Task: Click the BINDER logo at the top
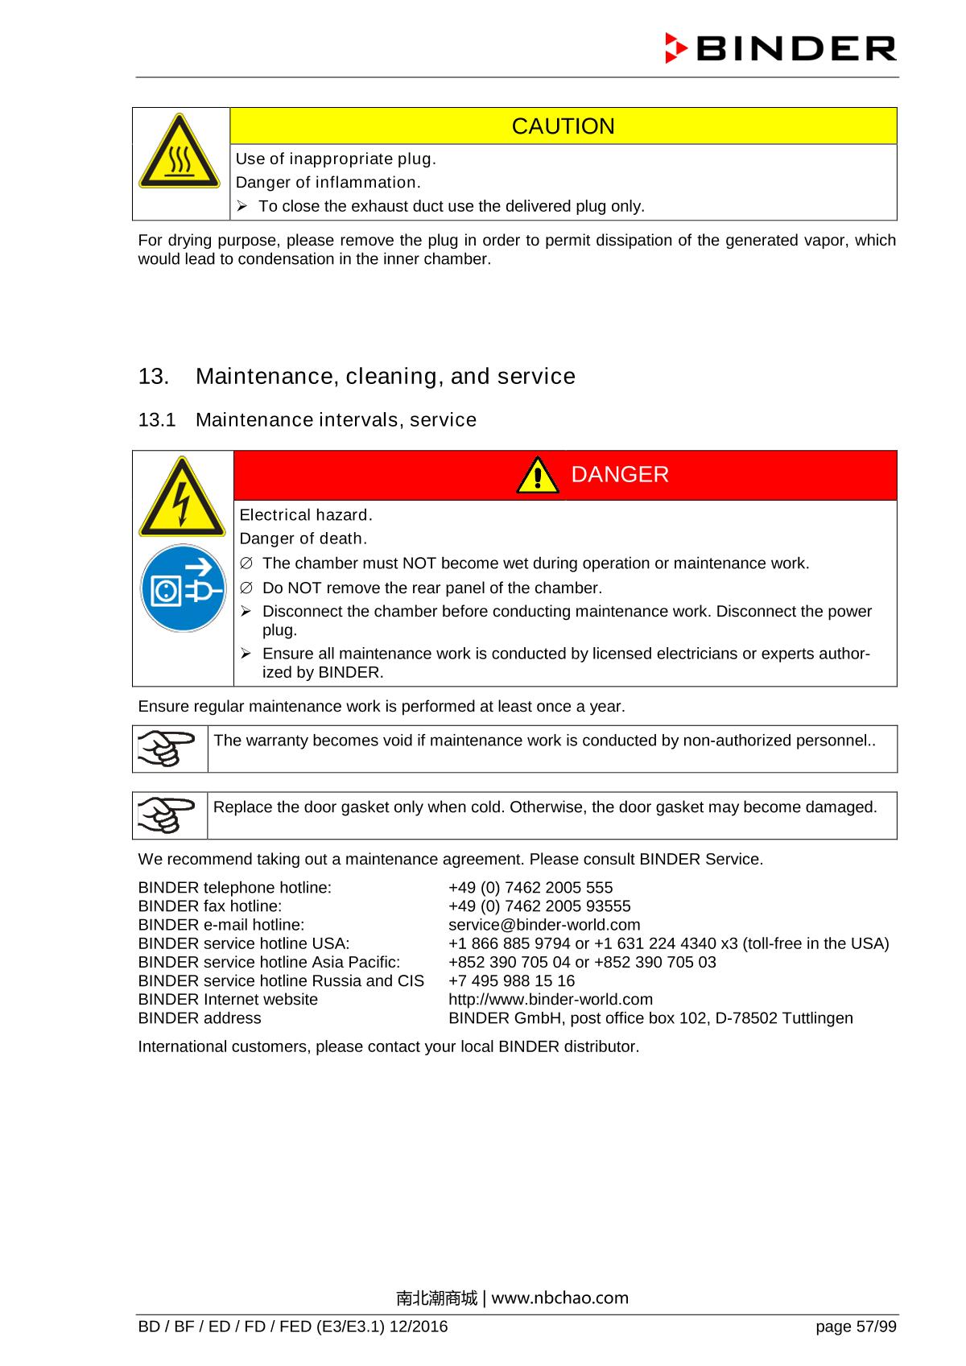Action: point(780,49)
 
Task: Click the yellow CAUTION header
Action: point(563,126)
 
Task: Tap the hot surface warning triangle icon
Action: point(180,153)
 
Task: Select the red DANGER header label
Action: point(619,475)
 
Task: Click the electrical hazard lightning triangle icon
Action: point(182,498)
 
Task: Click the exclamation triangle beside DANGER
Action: point(538,476)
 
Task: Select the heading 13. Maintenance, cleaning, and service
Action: point(357,377)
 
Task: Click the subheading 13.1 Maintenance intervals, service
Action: point(308,420)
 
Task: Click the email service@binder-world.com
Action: point(544,925)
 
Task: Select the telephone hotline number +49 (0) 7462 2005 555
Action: point(530,888)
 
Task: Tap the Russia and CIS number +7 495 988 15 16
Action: point(511,980)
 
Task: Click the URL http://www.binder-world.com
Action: point(551,999)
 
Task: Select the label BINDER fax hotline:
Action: point(210,906)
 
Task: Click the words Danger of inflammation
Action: point(328,182)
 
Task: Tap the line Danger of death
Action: point(303,539)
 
